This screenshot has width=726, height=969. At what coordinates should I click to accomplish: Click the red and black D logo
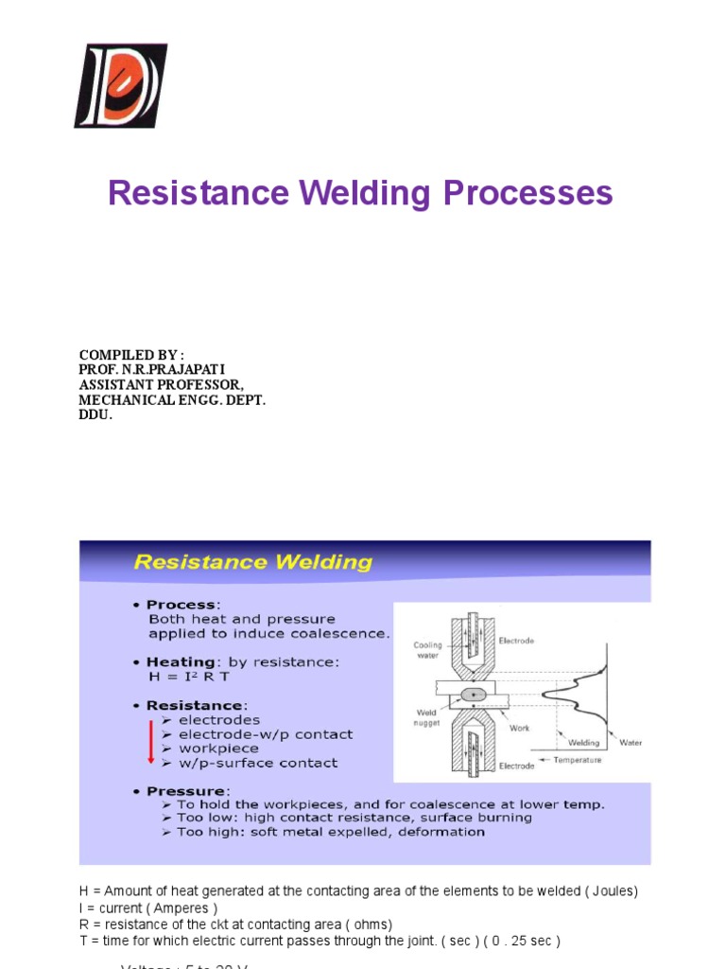point(120,85)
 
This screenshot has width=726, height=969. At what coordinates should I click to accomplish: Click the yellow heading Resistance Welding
point(252,562)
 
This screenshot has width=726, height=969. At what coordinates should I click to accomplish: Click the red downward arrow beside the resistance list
point(150,742)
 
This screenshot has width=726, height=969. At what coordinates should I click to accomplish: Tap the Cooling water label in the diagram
point(427,651)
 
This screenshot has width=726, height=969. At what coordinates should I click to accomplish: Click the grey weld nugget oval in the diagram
point(474,695)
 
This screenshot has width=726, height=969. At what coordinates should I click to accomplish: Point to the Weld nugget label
point(427,719)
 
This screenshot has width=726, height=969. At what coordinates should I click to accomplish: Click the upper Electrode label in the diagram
point(516,641)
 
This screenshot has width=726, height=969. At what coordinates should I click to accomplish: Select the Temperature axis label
point(576,759)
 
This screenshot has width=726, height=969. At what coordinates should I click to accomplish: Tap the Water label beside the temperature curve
point(631,743)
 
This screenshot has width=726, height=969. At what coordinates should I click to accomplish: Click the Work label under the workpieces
point(520,728)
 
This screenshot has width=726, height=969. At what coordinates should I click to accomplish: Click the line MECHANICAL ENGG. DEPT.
point(172,399)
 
